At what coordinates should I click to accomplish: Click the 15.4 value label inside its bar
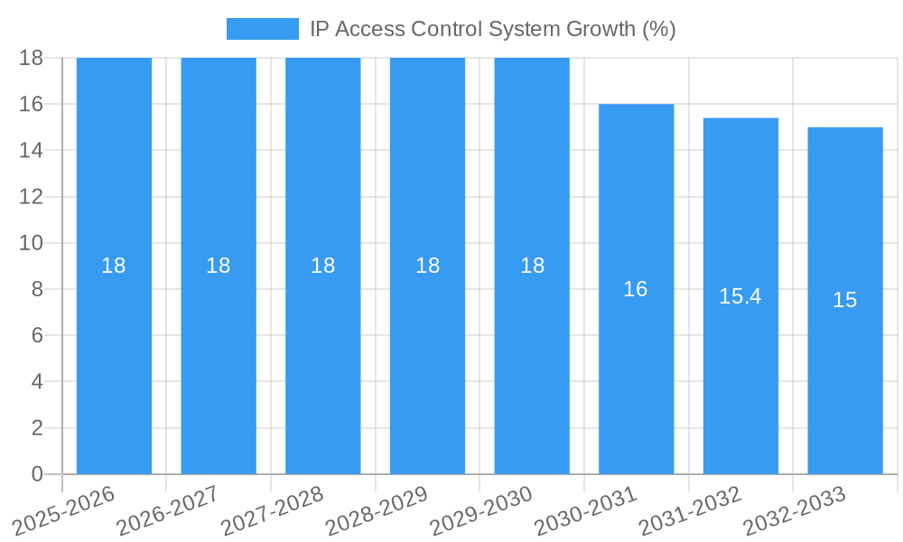click(740, 296)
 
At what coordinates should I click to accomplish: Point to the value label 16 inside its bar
click(636, 289)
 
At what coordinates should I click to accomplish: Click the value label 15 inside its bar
click(845, 301)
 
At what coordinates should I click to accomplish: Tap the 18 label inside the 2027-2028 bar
click(323, 266)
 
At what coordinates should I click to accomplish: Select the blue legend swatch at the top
click(262, 29)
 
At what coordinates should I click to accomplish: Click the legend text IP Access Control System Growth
click(492, 29)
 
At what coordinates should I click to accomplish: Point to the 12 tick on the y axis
click(32, 197)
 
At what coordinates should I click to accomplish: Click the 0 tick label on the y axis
click(37, 474)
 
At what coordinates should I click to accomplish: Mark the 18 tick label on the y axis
click(32, 58)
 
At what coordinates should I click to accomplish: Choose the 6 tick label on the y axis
click(37, 335)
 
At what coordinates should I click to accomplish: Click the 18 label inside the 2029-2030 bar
click(532, 266)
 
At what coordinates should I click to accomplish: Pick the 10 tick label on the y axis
click(32, 243)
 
